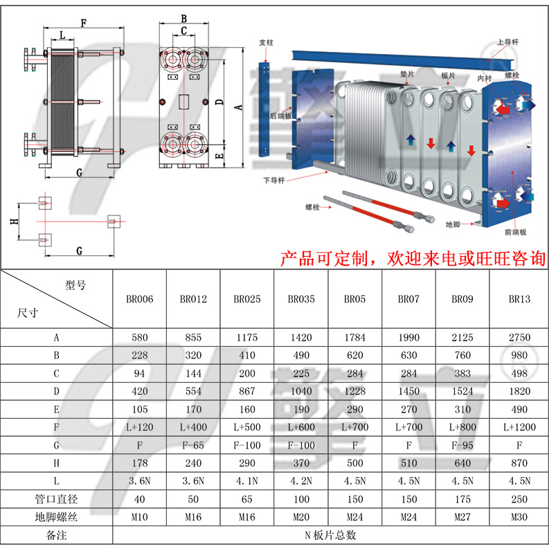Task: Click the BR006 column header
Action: pyautogui.click(x=139, y=299)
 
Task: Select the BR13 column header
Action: pyautogui.click(x=519, y=299)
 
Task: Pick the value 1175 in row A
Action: pyautogui.click(x=247, y=338)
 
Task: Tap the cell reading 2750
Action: pyautogui.click(x=519, y=338)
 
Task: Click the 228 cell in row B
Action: pyautogui.click(x=139, y=356)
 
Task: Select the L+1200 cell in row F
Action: pyautogui.click(x=519, y=428)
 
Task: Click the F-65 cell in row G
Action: pyautogui.click(x=193, y=445)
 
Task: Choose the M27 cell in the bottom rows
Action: pyautogui.click(x=462, y=517)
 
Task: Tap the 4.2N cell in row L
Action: pyautogui.click(x=301, y=481)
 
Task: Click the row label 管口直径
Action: pyautogui.click(x=56, y=499)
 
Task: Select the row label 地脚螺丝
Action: pyautogui.click(x=56, y=517)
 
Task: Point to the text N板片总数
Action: pyautogui.click(x=331, y=535)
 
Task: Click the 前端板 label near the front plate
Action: pyautogui.click(x=516, y=232)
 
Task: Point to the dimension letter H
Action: pyautogui.click(x=13, y=222)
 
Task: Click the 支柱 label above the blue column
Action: pyautogui.click(x=267, y=43)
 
